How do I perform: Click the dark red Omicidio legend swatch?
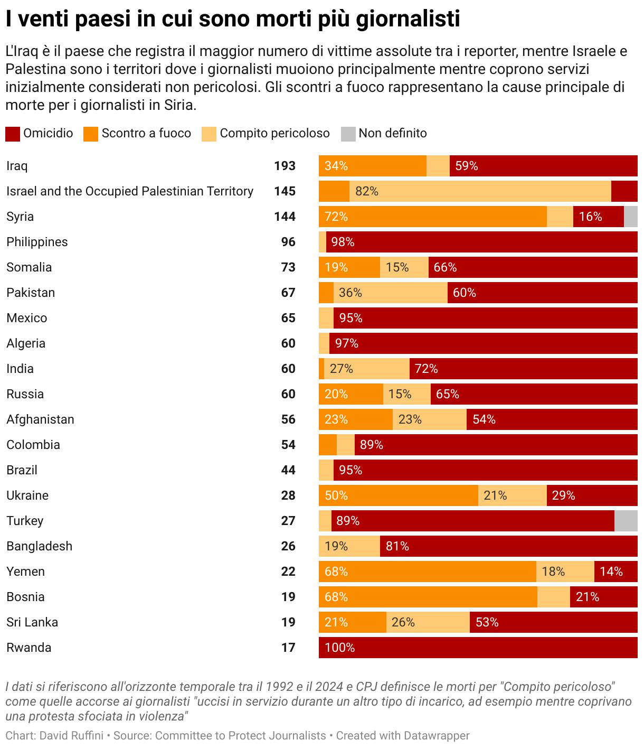point(13,134)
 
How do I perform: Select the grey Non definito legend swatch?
point(348,134)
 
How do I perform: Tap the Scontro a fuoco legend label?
point(146,133)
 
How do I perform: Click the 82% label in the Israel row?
point(367,191)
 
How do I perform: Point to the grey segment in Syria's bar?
point(631,217)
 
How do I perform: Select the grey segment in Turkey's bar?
point(626,521)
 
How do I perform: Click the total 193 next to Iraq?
point(285,166)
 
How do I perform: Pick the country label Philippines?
point(37,242)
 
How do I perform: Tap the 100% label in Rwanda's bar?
point(339,648)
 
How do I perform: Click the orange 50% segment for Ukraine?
point(399,495)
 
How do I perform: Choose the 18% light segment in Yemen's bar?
point(553,572)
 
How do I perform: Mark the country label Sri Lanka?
point(32,622)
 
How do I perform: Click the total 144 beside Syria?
point(285,217)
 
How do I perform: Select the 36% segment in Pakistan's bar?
point(391,293)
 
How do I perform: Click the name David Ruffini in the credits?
point(71,736)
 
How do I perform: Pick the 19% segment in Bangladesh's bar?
point(349,546)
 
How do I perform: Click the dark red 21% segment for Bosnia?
point(604,597)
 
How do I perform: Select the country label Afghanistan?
point(40,419)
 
